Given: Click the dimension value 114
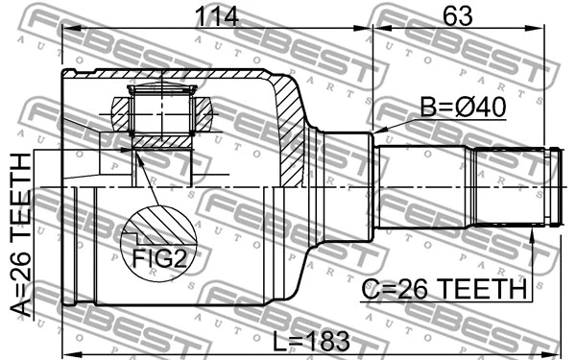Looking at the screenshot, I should click(216, 16).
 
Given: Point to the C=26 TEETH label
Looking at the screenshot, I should click(444, 288).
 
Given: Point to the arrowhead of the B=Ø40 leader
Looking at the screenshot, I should click(376, 132).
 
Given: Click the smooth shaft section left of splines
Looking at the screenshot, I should click(422, 187).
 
